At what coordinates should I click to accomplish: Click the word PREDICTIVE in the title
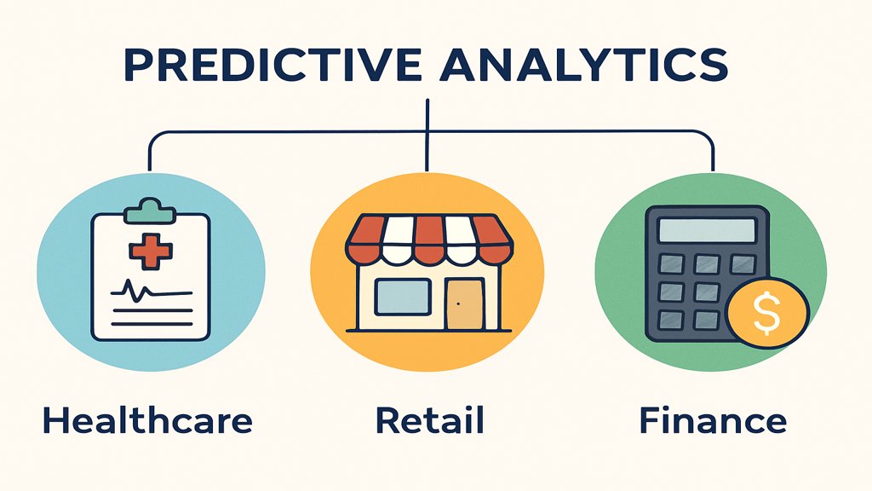coord(272,66)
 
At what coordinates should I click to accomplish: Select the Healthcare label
coord(148,420)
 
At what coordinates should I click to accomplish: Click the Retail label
coord(429,420)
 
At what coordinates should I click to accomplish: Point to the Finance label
coord(713,420)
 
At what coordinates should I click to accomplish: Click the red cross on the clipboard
coord(150,250)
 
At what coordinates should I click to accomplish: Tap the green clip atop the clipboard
coord(150,210)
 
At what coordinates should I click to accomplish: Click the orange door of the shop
coord(462,304)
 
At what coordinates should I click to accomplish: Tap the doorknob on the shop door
coord(457,304)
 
